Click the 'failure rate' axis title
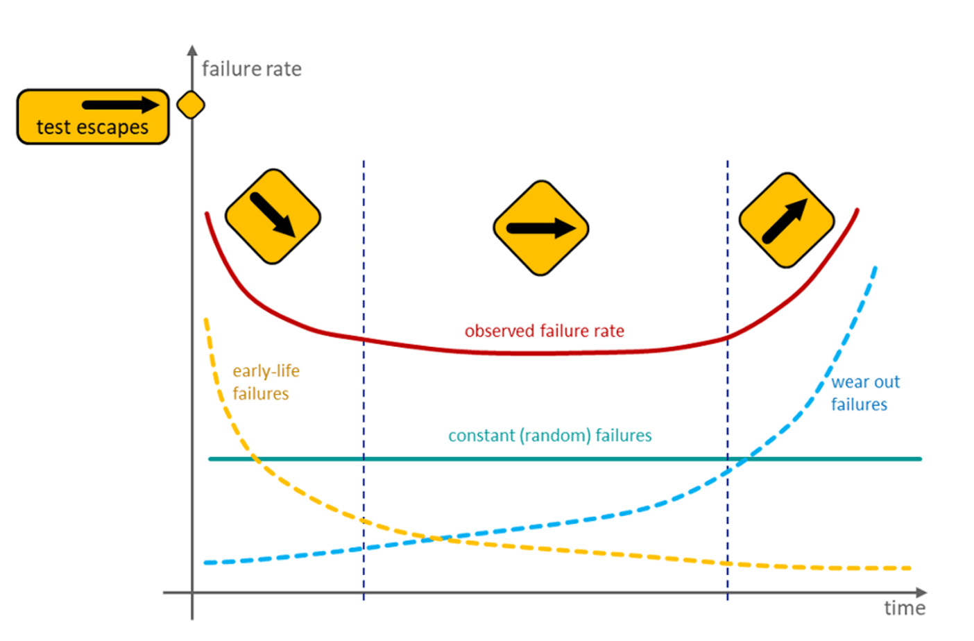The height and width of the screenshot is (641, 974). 251,69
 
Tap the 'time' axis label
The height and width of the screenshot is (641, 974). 905,608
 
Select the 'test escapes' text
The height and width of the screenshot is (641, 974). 93,128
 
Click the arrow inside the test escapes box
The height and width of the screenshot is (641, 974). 121,105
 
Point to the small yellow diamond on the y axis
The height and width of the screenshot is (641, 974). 191,105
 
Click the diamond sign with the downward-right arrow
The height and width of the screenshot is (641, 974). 273,216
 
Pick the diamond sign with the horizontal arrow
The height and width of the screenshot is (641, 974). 541,228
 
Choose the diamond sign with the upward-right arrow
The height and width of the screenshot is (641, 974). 787,220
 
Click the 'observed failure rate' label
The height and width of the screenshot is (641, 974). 545,332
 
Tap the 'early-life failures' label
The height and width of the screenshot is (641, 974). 266,382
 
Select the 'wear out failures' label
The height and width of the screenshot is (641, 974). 865,393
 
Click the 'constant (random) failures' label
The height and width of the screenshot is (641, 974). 550,435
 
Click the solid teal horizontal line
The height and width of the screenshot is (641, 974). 565,459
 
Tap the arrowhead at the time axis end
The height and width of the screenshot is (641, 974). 922,592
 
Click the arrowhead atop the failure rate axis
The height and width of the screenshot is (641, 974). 192,50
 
